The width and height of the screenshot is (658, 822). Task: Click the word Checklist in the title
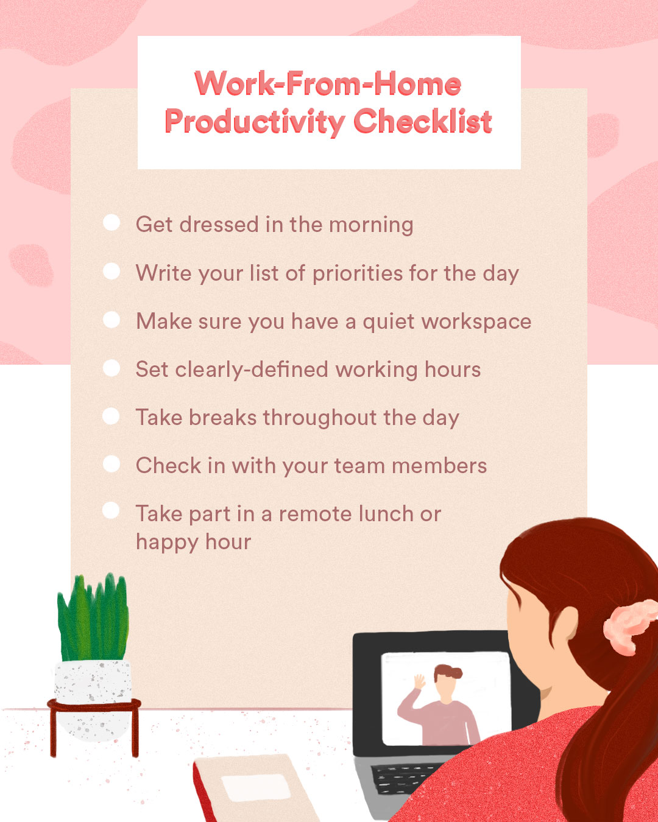(423, 121)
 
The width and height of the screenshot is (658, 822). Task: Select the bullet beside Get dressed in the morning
(111, 222)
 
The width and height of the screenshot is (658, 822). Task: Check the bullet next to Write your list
(111, 271)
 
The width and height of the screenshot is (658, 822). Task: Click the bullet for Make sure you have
(111, 319)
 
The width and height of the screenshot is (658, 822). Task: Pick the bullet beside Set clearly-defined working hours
(111, 368)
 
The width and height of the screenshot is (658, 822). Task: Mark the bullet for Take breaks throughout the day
(111, 416)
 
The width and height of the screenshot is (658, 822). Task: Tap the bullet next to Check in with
(111, 464)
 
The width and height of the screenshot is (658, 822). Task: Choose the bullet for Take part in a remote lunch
(111, 510)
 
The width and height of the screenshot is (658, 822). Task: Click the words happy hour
(194, 543)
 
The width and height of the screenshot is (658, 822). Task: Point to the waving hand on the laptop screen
(419, 681)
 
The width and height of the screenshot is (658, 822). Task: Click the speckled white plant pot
(93, 699)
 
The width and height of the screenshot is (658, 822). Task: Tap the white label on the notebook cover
(256, 787)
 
